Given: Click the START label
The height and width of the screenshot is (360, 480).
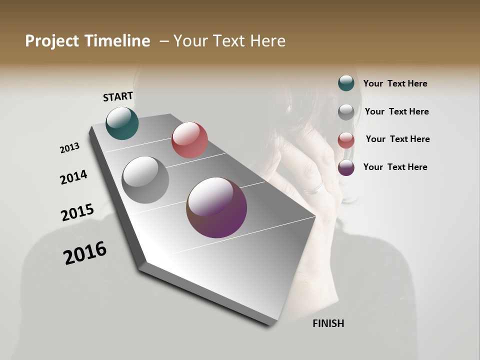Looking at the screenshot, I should [118, 96].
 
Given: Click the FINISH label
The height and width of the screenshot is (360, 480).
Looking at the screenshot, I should [328, 323].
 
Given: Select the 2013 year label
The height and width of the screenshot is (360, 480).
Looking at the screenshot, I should [70, 148].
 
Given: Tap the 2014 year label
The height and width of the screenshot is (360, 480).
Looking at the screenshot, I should [73, 177].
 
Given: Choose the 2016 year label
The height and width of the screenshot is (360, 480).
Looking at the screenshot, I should [85, 253].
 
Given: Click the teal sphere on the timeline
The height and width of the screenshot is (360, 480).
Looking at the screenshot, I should [122, 123].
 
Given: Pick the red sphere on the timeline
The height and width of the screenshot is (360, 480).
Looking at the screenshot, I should [189, 140].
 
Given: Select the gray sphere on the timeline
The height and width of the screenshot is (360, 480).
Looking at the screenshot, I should [145, 180].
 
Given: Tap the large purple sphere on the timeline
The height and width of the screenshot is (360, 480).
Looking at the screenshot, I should [216, 207].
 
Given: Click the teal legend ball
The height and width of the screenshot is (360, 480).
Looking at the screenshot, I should [346, 83].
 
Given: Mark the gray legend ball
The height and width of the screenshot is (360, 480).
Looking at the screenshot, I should [346, 112].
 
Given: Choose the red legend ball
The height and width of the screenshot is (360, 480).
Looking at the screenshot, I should [346, 140].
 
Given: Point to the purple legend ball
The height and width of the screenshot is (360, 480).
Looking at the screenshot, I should [346, 167].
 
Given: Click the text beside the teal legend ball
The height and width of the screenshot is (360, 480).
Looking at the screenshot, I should [395, 83].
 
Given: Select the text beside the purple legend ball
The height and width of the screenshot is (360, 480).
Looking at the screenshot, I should [395, 167].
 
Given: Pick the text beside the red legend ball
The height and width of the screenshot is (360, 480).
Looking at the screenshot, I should [397, 139].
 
